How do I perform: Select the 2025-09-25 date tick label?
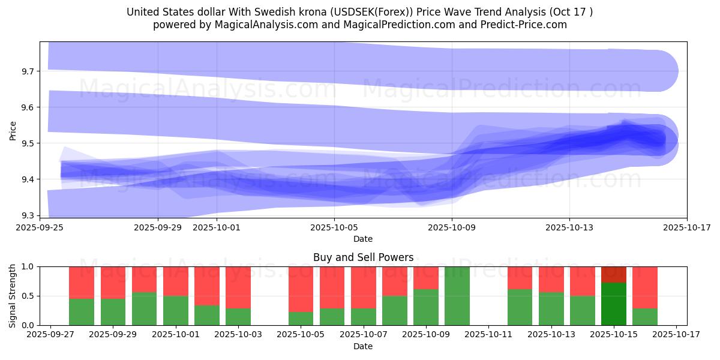[x=40, y=227]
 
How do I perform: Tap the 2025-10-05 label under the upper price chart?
[x=334, y=227]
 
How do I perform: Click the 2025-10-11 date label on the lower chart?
[x=489, y=335]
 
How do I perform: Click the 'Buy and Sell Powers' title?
[x=363, y=257]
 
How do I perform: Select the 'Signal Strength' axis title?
[x=13, y=296]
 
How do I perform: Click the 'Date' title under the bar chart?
[x=363, y=346]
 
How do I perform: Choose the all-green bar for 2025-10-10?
[x=457, y=296]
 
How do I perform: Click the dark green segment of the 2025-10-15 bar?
[x=614, y=304]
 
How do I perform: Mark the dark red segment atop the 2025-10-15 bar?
[x=614, y=274]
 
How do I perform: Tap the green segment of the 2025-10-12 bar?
[x=520, y=307]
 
